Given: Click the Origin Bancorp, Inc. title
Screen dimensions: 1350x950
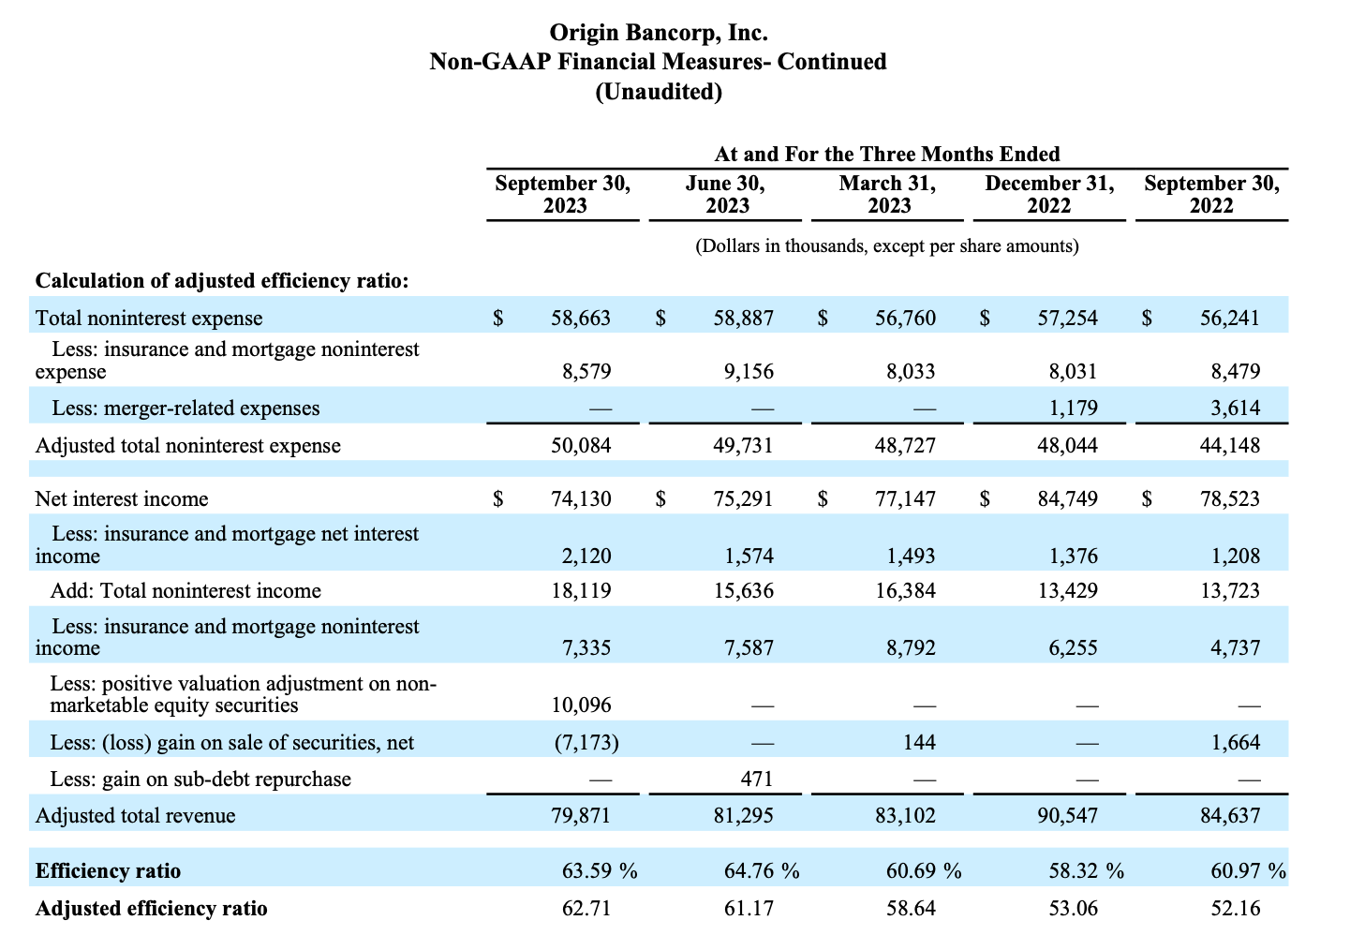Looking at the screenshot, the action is tap(659, 33).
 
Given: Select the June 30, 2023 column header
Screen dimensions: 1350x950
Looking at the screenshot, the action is tap(725, 194).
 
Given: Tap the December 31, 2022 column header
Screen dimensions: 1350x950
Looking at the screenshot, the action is tap(1049, 194).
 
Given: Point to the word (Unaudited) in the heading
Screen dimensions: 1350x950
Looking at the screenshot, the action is tap(659, 92).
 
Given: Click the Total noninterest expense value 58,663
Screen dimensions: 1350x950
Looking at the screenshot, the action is tap(581, 318).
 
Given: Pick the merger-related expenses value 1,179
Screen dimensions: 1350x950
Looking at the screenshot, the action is tap(1074, 408).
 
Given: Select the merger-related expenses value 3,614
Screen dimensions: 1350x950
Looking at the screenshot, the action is tap(1236, 408).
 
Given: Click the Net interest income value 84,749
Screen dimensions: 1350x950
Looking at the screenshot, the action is tap(1067, 498).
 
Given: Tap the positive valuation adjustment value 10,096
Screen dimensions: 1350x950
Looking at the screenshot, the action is tap(581, 705).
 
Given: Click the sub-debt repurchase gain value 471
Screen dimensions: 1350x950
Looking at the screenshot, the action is tap(756, 779).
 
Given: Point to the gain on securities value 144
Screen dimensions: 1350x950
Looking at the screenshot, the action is tap(919, 742).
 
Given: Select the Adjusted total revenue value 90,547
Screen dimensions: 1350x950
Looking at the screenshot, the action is tap(1067, 816).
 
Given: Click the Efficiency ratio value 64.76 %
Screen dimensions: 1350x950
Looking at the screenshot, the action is tap(762, 871).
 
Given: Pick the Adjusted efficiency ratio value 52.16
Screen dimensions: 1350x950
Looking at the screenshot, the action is tap(1236, 909).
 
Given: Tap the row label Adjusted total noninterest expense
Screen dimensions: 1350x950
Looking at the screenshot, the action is tap(188, 445).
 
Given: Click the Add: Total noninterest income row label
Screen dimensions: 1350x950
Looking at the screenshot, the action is tap(185, 590).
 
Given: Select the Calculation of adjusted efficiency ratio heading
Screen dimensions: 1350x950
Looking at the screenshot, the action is tap(222, 281).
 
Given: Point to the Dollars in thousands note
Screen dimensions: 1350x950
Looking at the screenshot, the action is tap(887, 246).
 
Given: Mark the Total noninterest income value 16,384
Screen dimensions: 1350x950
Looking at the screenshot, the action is tap(905, 590).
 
